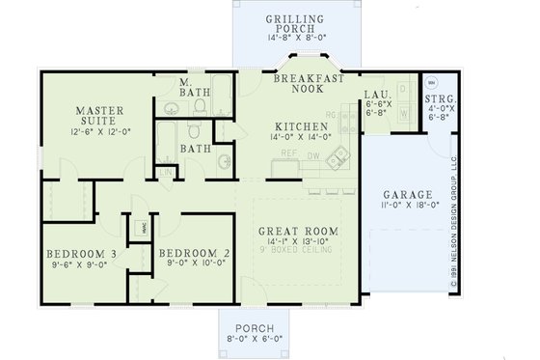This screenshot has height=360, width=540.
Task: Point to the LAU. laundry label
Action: point(377,95)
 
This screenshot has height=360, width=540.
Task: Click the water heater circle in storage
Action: point(431,80)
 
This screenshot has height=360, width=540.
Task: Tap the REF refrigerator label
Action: point(288,152)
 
